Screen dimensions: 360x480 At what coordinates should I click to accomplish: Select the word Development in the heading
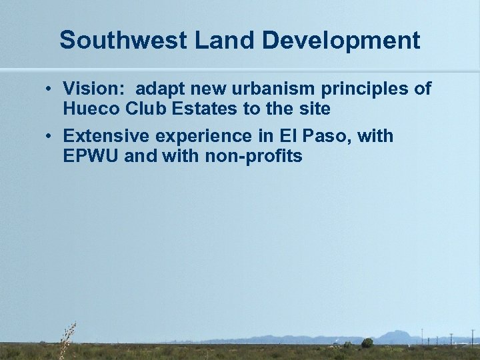[340, 41]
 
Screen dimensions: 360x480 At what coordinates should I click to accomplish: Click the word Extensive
[107, 137]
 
